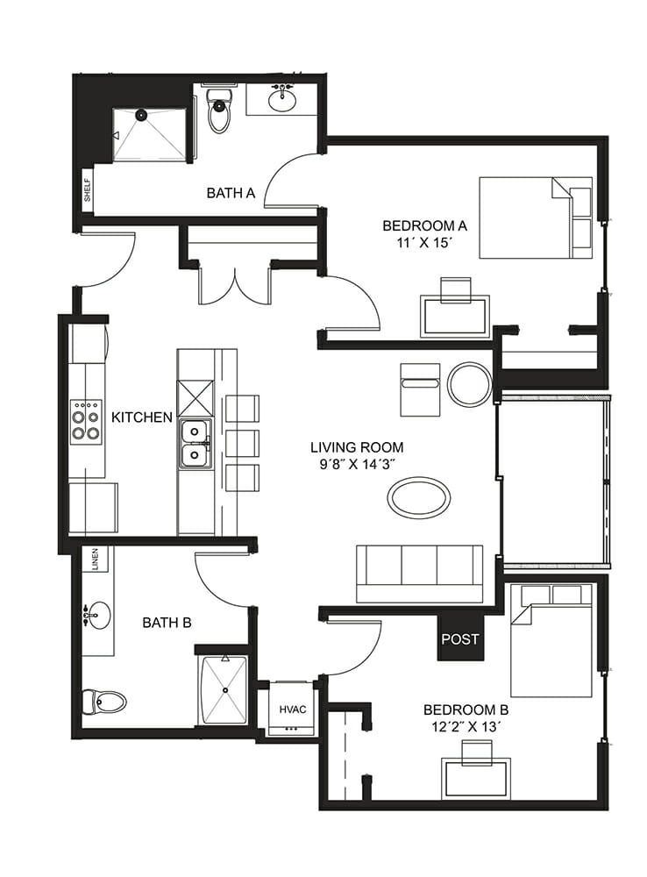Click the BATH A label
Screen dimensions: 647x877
pos(231,193)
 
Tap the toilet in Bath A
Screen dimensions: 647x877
pos(219,111)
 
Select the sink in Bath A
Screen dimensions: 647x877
pos(283,100)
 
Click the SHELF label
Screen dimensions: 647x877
pos(88,190)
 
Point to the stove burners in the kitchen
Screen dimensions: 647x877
pos(86,423)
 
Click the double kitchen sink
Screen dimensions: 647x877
pos(196,444)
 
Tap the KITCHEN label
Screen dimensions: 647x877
pos(142,417)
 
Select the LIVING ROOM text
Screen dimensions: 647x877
pos(357,447)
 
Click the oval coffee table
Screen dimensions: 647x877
pos(419,496)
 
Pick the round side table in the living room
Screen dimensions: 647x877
pos(470,384)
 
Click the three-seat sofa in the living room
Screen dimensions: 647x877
pos(419,574)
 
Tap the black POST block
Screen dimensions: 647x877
pos(460,637)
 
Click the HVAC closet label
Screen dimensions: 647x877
pos(293,709)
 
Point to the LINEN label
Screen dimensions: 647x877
pos(95,560)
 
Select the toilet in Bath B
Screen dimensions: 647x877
pos(104,702)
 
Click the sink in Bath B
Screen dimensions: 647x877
pos(97,616)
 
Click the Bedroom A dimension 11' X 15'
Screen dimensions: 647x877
pos(423,243)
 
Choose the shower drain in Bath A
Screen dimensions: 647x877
pos(141,115)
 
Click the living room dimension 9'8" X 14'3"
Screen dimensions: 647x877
pos(358,464)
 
